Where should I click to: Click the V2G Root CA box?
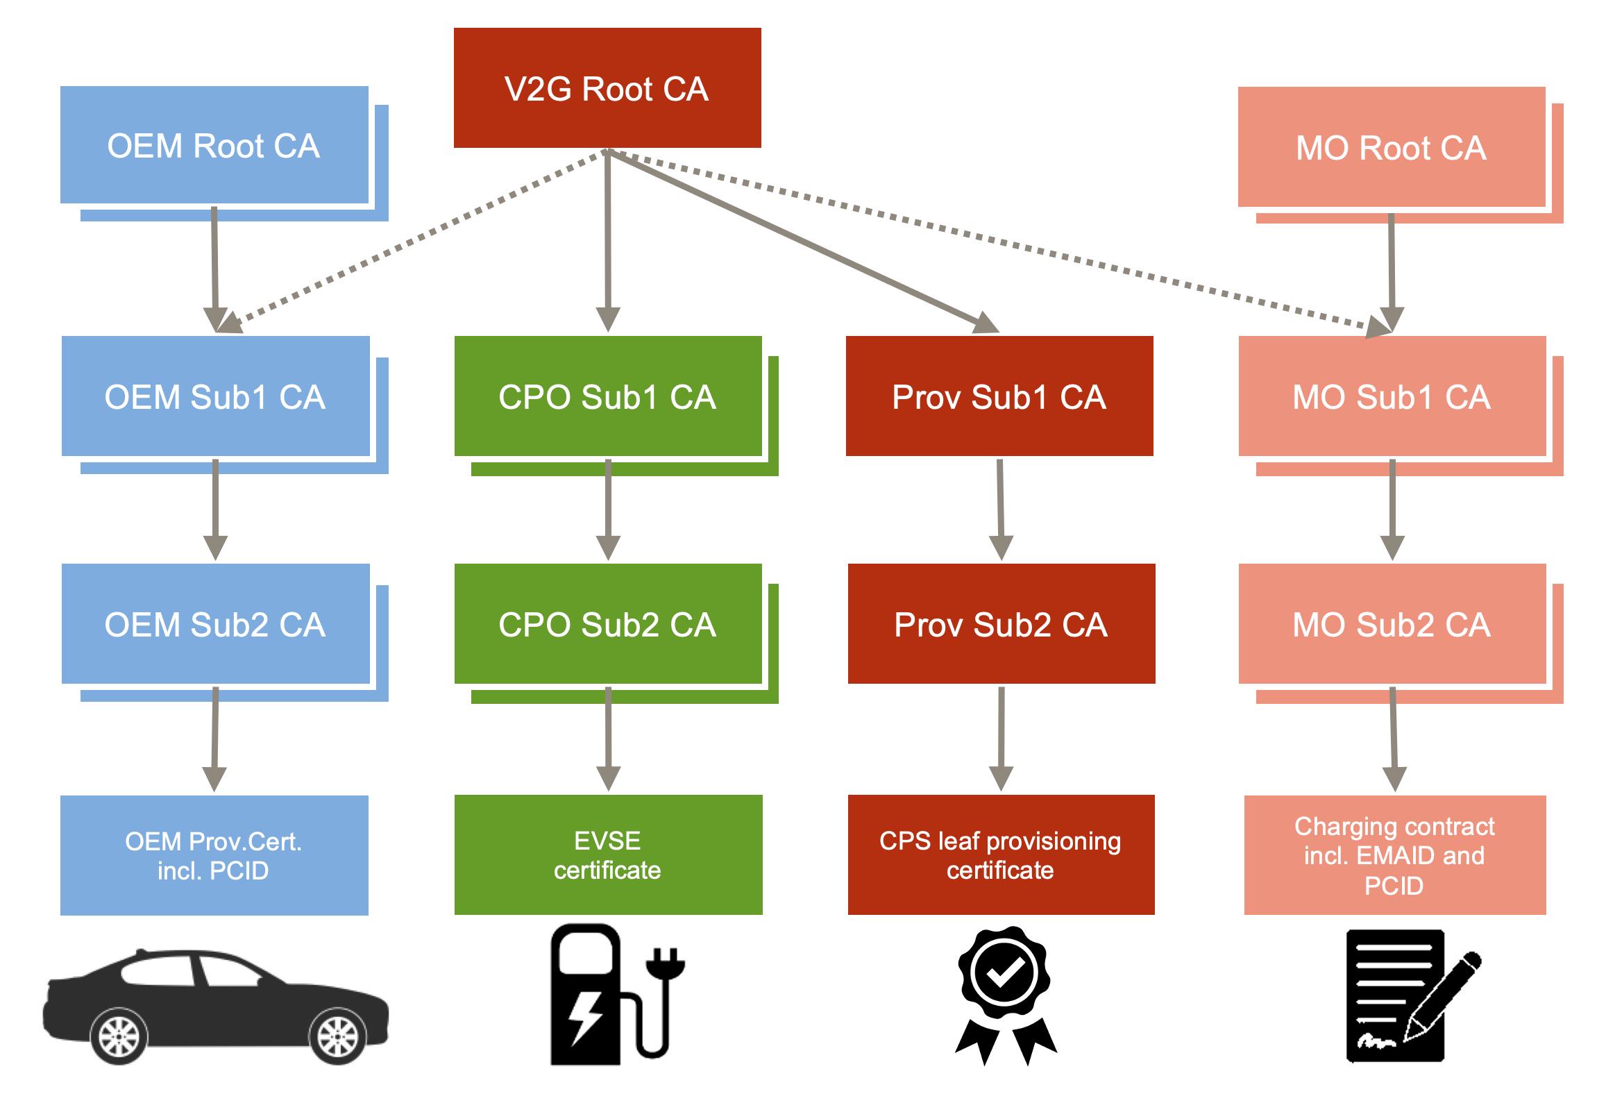(x=607, y=88)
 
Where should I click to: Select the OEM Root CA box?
(x=214, y=145)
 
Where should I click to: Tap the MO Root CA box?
(x=1391, y=147)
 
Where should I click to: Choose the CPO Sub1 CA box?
(x=607, y=396)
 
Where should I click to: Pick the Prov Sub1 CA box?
(x=999, y=396)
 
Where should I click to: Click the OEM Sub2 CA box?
(x=215, y=624)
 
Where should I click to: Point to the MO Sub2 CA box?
(x=1392, y=624)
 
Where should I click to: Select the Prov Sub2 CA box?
(x=1001, y=624)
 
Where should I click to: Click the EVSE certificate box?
(x=608, y=854)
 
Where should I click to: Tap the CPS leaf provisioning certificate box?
(x=1001, y=854)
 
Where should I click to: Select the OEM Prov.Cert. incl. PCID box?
(x=214, y=855)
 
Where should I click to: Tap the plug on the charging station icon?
(x=665, y=967)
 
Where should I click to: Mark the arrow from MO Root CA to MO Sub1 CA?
(x=1392, y=271)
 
